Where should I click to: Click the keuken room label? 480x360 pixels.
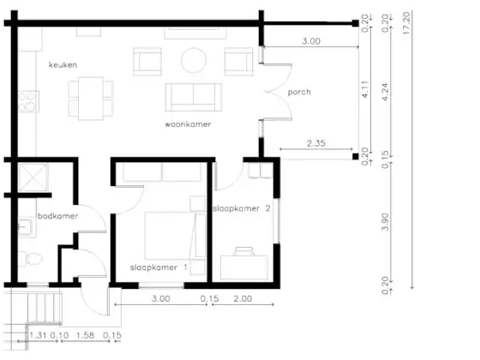click(x=63, y=65)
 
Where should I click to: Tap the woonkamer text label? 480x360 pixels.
click(x=188, y=124)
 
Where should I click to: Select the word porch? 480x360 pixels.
click(x=299, y=93)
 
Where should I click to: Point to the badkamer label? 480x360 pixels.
click(x=57, y=216)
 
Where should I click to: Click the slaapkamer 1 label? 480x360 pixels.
click(x=159, y=267)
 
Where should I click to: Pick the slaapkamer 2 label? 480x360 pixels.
click(x=242, y=208)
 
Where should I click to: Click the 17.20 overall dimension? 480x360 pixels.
click(x=406, y=23)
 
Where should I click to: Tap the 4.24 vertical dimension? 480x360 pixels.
click(x=386, y=92)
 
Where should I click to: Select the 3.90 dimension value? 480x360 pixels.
click(x=386, y=222)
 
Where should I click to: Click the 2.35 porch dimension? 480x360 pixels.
click(x=316, y=143)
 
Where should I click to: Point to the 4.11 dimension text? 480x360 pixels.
click(x=365, y=89)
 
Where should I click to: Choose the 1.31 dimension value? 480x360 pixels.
click(x=38, y=335)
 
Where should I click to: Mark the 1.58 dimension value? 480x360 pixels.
click(x=85, y=335)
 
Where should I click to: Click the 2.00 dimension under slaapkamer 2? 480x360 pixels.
click(x=243, y=298)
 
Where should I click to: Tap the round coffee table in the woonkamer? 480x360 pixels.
click(x=194, y=60)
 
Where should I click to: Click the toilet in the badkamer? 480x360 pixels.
click(x=31, y=259)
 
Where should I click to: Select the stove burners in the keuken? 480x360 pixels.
click(x=27, y=102)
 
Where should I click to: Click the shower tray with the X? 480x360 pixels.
click(x=33, y=177)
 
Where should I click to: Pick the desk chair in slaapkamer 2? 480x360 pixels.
click(x=244, y=251)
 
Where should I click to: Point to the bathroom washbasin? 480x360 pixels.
click(x=27, y=227)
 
